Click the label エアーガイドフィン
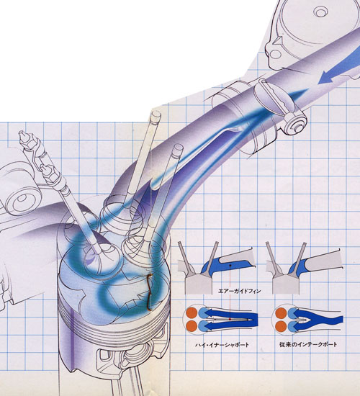click(239, 291)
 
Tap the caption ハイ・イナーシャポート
click(222, 344)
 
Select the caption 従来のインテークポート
click(308, 344)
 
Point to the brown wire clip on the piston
click(149, 292)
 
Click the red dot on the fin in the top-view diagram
click(230, 320)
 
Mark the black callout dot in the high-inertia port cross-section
click(230, 266)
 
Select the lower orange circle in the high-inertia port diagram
click(192, 325)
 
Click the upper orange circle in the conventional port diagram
click(281, 313)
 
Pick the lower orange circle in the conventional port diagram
click(281, 325)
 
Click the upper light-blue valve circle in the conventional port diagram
click(293, 313)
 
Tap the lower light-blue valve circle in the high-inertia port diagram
click(204, 325)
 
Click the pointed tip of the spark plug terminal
click(20, 132)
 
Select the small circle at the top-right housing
click(321, 12)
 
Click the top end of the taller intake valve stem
click(156, 114)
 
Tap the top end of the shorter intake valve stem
click(178, 148)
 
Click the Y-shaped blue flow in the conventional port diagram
click(319, 320)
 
